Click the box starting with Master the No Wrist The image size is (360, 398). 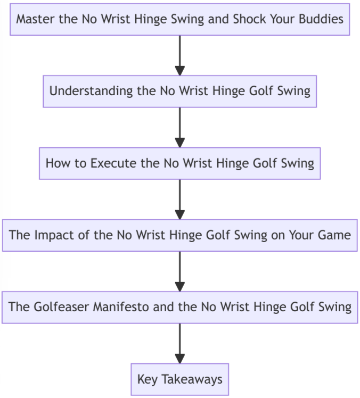(x=180, y=20)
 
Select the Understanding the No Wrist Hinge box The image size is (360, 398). (x=180, y=91)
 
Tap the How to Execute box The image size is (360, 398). (x=180, y=163)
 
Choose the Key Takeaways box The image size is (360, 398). (x=180, y=379)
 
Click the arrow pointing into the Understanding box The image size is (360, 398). (x=180, y=56)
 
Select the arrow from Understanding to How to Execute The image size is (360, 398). (x=180, y=128)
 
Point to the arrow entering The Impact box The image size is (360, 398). (x=180, y=200)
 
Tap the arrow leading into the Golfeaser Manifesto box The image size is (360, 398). (x=180, y=271)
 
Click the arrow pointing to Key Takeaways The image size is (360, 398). (x=180, y=343)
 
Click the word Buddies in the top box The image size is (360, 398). (x=323, y=20)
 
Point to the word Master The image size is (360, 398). (x=33, y=20)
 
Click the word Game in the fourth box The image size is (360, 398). (x=336, y=235)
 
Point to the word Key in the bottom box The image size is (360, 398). (x=147, y=379)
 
